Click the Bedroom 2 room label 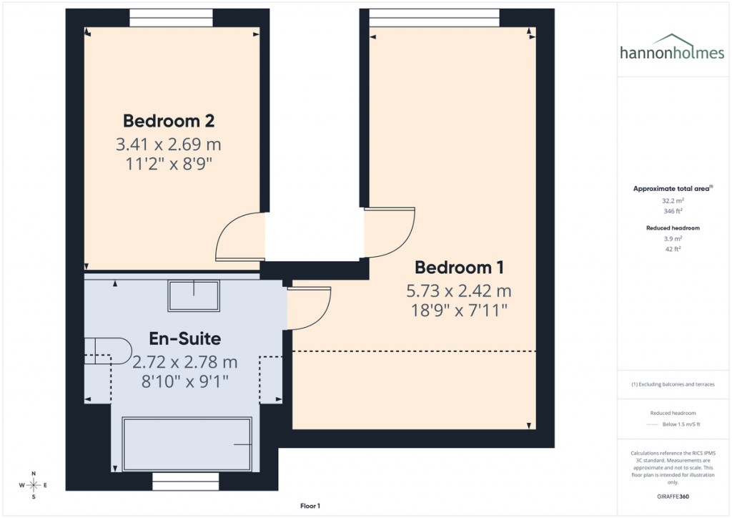(x=169, y=120)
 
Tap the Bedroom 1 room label (x=459, y=268)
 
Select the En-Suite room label (x=184, y=338)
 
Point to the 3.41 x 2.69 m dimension (x=169, y=145)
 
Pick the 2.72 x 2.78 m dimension (x=184, y=362)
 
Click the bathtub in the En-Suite (x=187, y=444)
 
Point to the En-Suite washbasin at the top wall (x=194, y=295)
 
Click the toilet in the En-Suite (x=106, y=350)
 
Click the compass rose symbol (x=33, y=485)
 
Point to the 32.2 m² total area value (x=672, y=201)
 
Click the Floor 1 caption (x=310, y=506)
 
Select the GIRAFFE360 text (x=672, y=496)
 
